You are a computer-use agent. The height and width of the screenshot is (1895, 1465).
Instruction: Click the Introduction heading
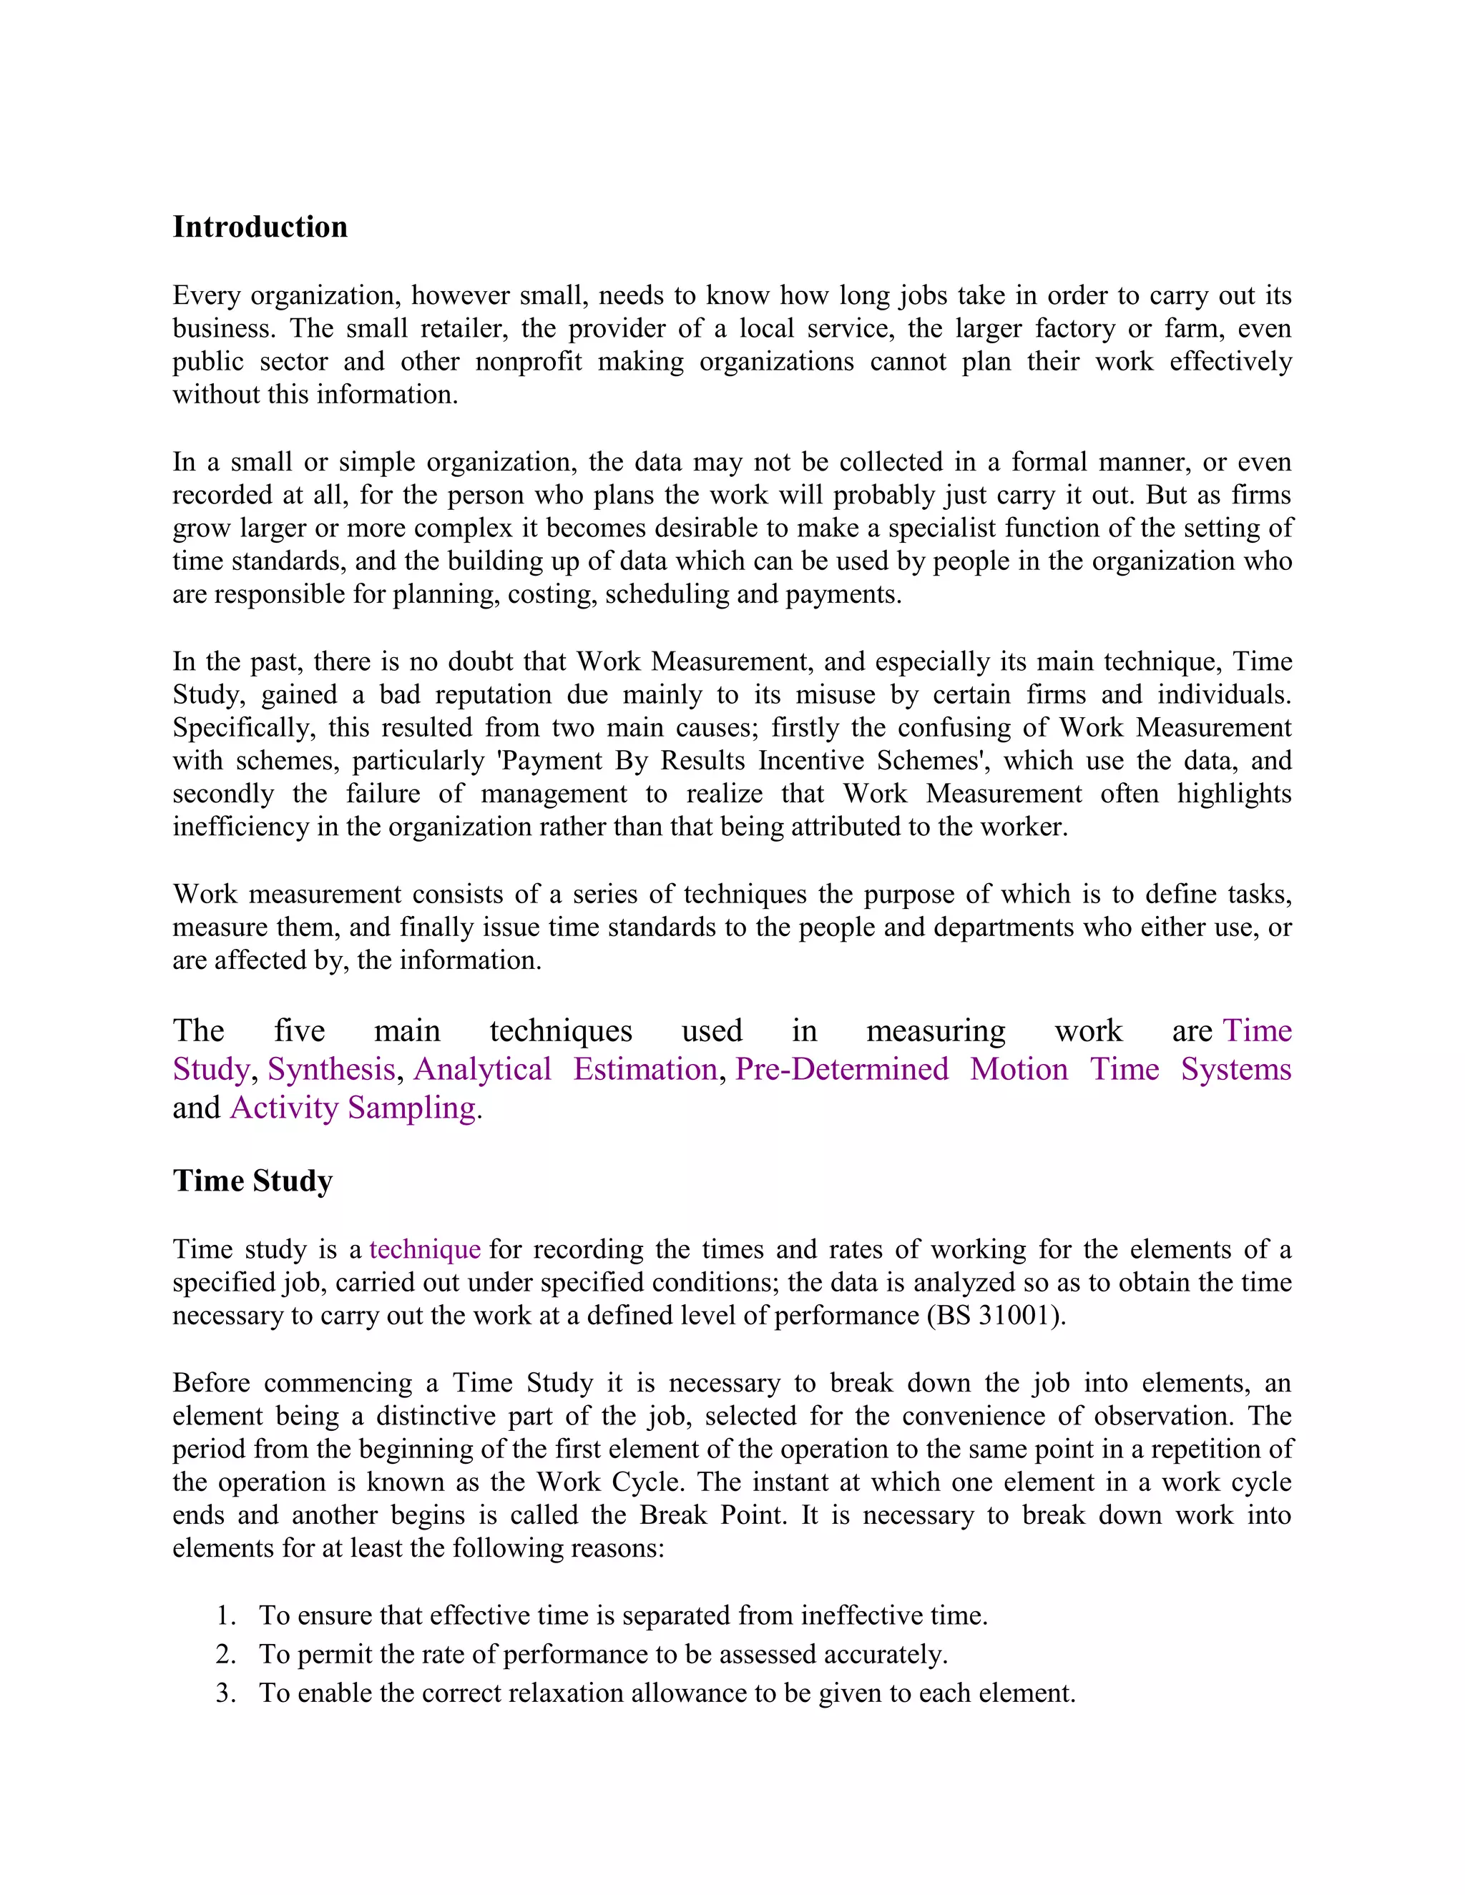[260, 227]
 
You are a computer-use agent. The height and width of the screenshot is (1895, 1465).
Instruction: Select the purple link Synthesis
[330, 1069]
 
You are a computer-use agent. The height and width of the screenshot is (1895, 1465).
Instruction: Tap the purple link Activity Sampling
[353, 1108]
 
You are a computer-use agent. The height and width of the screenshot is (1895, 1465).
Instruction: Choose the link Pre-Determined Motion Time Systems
[1013, 1069]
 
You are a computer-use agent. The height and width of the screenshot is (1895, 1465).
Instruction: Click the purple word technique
[424, 1249]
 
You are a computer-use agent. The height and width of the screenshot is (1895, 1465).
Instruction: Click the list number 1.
[225, 1615]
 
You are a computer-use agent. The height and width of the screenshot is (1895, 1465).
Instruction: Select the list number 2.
[225, 1655]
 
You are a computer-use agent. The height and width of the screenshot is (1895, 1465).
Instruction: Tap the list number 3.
[225, 1693]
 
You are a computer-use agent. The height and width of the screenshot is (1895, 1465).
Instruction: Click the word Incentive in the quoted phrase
[813, 761]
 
